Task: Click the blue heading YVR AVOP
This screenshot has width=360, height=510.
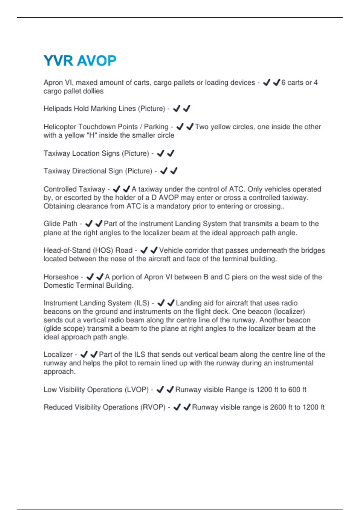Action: (80, 61)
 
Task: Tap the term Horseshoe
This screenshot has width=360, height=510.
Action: (61, 277)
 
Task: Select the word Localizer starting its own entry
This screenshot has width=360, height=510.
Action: (58, 355)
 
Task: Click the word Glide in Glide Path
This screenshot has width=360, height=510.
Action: (52, 224)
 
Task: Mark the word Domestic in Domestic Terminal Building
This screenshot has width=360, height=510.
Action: (57, 286)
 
